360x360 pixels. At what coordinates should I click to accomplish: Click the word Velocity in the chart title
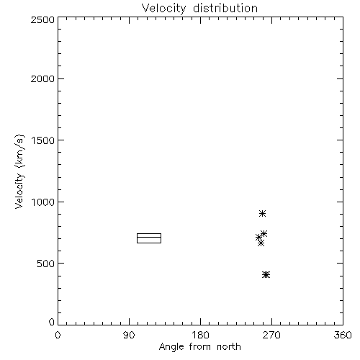(163, 9)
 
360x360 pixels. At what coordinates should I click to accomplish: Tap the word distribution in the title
(225, 8)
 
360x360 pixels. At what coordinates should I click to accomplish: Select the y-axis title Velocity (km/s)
(19, 171)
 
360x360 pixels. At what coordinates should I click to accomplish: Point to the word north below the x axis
(229, 346)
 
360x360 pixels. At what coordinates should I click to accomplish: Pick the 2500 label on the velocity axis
(42, 19)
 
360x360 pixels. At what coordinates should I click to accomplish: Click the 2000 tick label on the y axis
(42, 78)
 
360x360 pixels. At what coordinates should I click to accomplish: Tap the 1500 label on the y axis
(43, 140)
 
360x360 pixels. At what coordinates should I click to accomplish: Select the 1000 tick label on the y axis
(43, 202)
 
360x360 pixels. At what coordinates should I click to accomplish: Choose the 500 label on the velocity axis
(46, 264)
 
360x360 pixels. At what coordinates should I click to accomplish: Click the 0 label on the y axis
(52, 322)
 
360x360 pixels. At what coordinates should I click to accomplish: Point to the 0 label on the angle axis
(58, 335)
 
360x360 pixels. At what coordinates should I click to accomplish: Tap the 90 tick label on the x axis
(129, 335)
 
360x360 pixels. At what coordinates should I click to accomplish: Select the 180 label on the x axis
(200, 335)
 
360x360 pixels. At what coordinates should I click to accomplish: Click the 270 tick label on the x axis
(271, 335)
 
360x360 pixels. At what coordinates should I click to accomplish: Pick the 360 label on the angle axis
(343, 335)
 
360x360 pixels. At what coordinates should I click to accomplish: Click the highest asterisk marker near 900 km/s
(263, 213)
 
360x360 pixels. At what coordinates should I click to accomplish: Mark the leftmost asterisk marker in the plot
(258, 238)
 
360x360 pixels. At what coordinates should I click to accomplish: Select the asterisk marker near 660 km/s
(261, 243)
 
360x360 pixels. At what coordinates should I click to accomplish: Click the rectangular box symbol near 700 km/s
(149, 233)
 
